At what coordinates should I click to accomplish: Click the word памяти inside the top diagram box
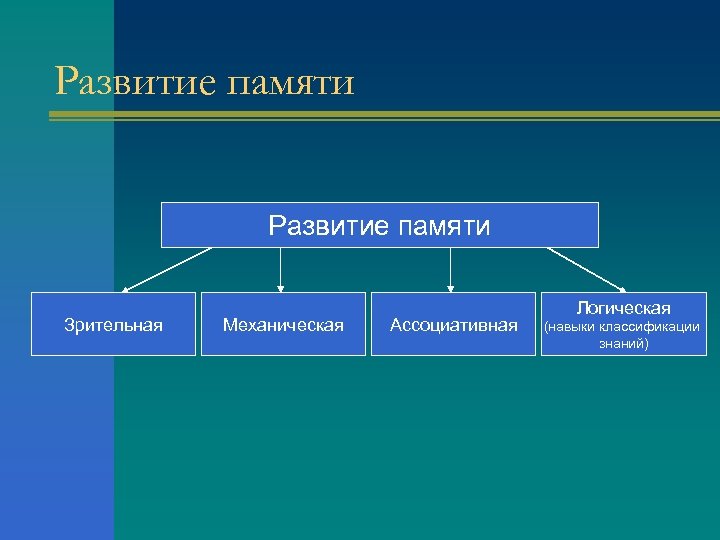[x=445, y=227]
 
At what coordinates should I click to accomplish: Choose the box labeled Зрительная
[x=112, y=325]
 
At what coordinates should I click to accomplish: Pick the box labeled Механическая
[x=283, y=325]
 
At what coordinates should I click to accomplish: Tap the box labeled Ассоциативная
[x=453, y=325]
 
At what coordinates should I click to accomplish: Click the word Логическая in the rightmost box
[x=622, y=308]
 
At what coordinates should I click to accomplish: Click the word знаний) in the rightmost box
[x=623, y=344]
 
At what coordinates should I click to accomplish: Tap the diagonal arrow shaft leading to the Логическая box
[x=585, y=268]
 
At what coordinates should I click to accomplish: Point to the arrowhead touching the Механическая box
[x=280, y=288]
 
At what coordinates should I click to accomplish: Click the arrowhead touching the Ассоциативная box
[x=451, y=288]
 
